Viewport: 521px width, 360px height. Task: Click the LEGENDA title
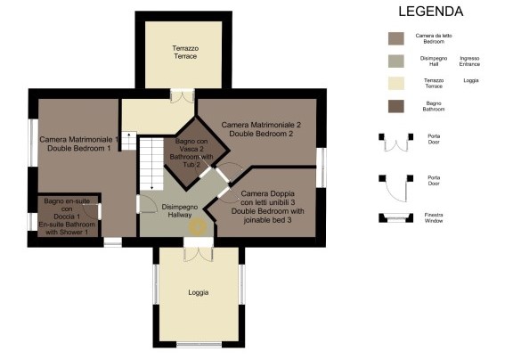(430, 12)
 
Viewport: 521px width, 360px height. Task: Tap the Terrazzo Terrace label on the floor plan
(185, 52)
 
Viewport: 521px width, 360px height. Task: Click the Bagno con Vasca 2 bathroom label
(191, 152)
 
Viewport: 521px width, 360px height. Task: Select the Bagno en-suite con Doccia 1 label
(68, 217)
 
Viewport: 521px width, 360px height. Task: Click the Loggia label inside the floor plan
(198, 292)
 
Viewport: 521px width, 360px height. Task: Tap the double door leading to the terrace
(182, 96)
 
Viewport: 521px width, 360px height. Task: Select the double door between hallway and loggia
(198, 250)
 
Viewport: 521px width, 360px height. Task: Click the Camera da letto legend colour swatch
(396, 38)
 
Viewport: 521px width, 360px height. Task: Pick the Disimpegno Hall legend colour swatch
(396, 61)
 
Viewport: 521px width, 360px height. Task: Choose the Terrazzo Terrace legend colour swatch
(396, 84)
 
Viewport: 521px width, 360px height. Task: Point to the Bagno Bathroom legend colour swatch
(396, 106)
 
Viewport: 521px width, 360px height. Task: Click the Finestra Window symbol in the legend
(395, 217)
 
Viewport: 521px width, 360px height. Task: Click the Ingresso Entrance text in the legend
(469, 61)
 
